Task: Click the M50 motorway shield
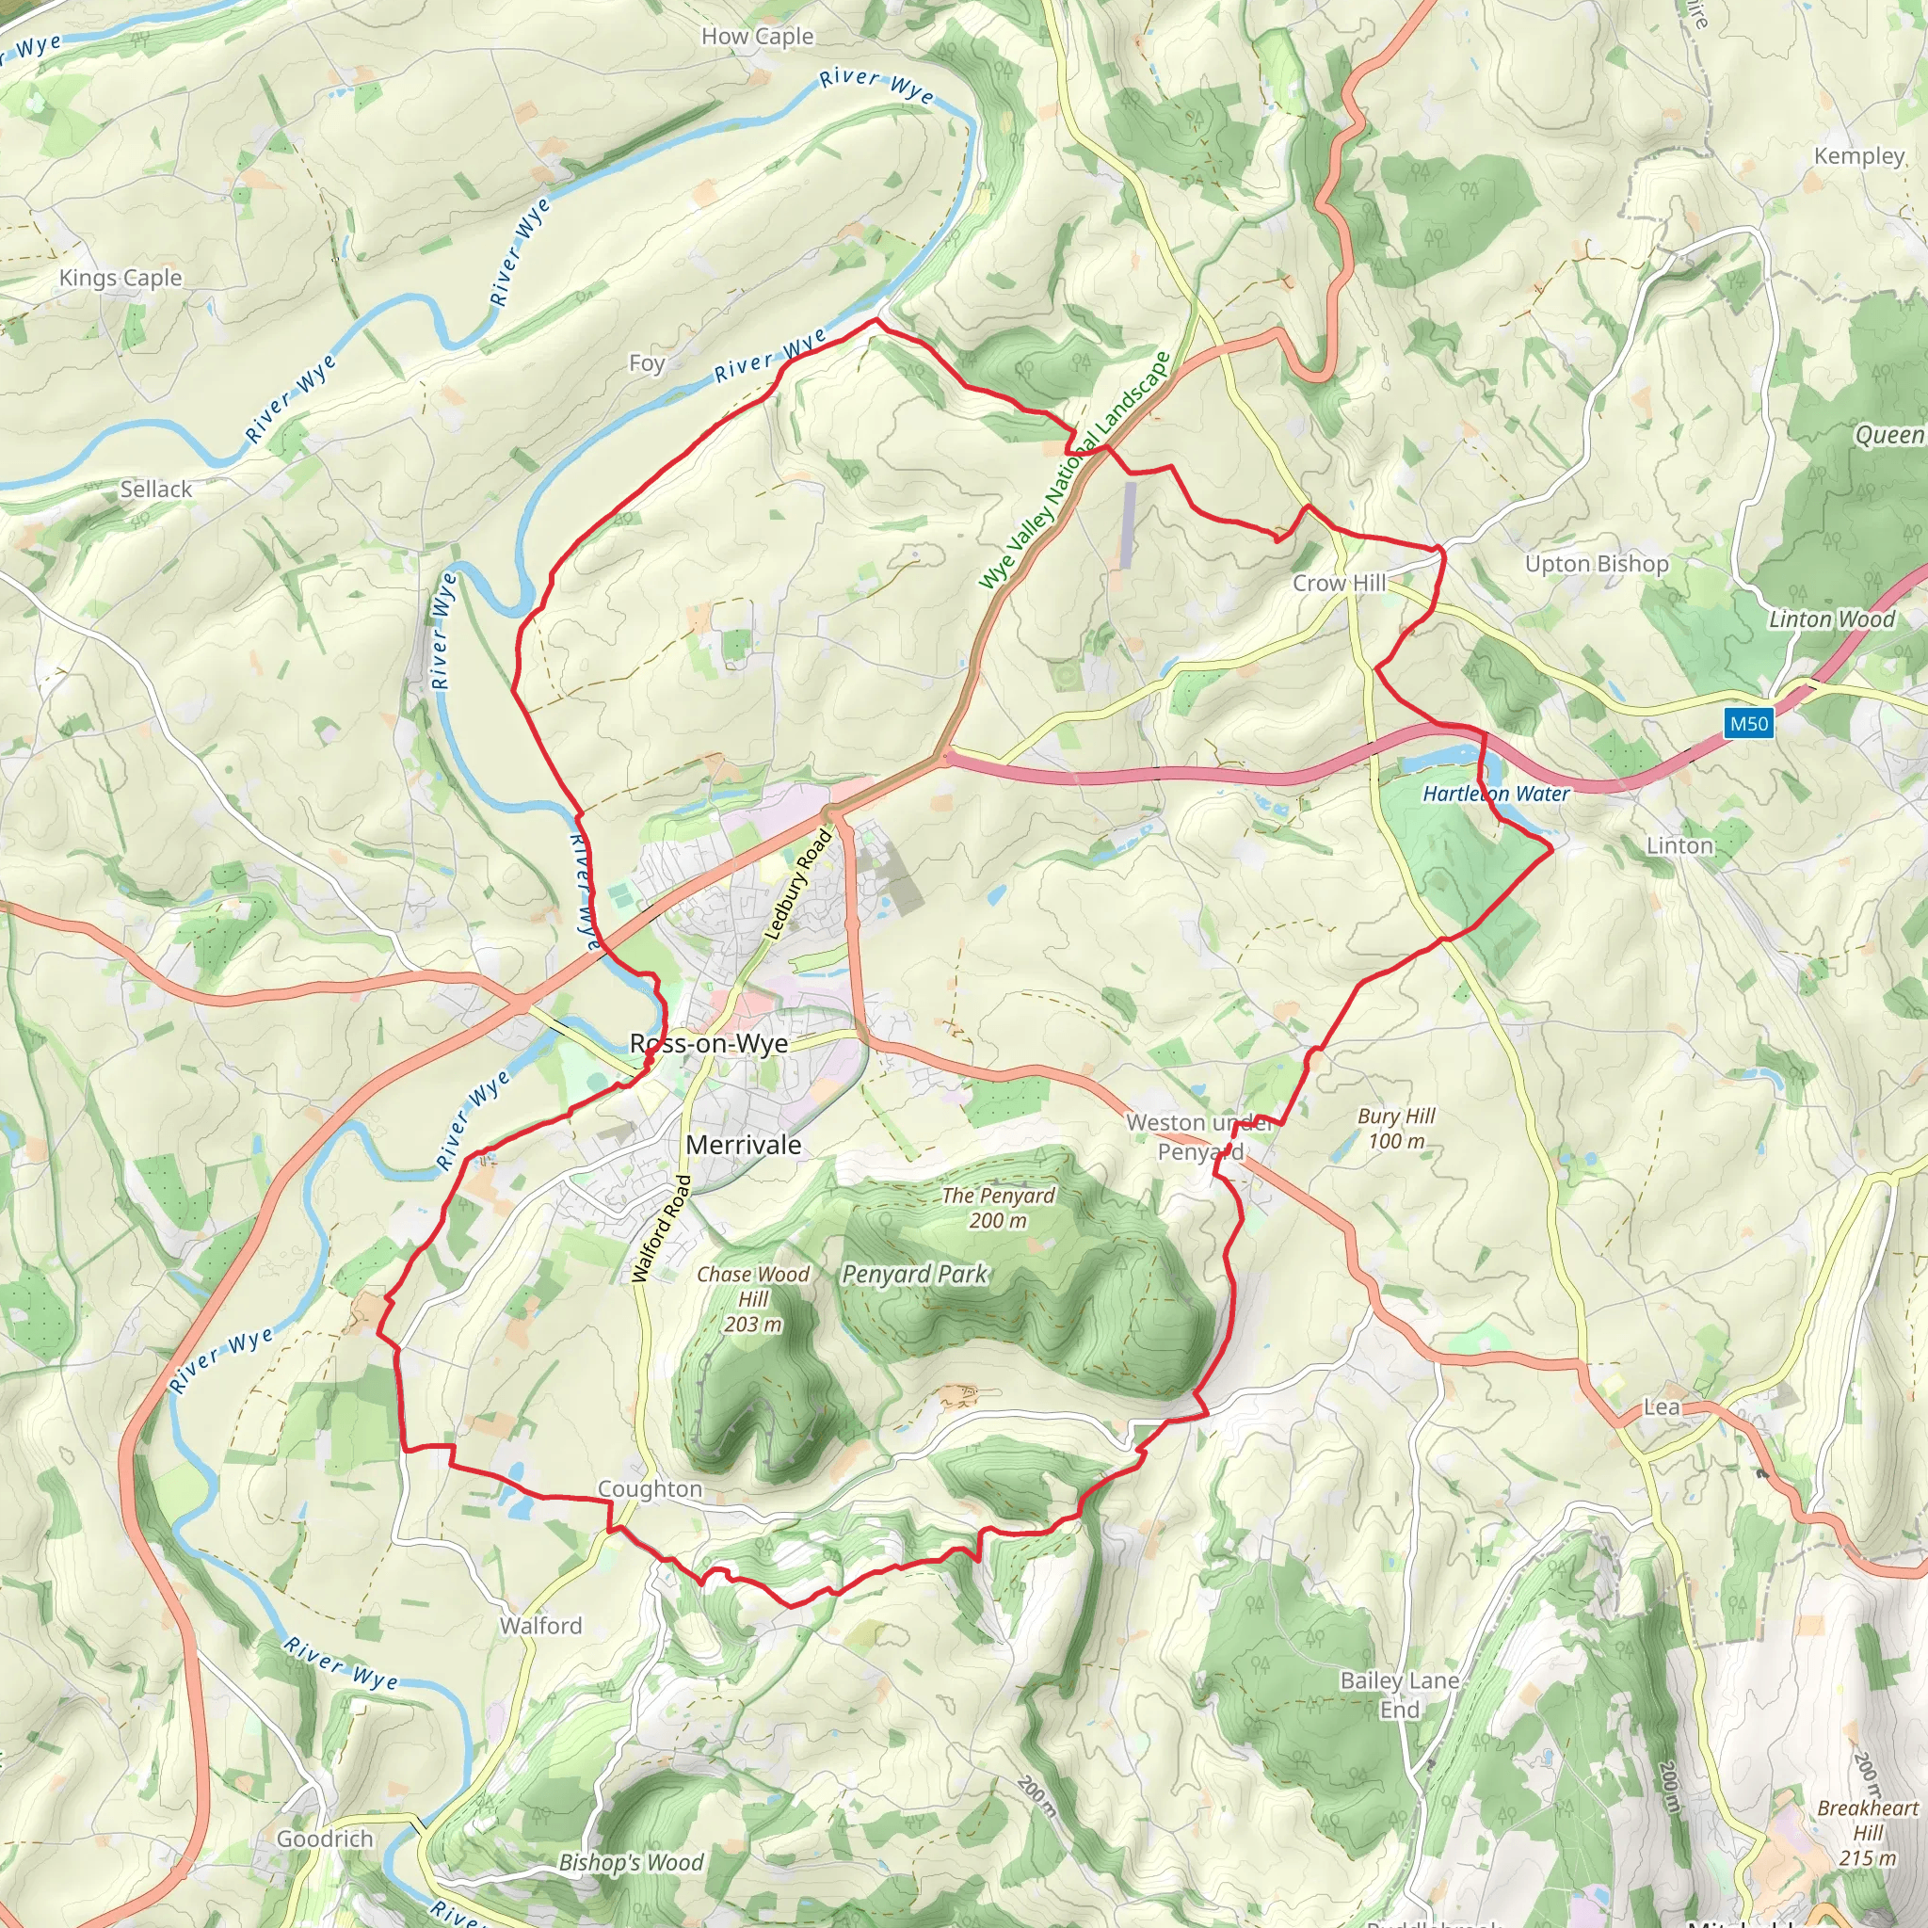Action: point(1748,724)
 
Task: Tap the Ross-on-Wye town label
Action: point(709,1044)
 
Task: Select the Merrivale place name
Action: point(744,1145)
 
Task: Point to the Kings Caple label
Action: point(120,279)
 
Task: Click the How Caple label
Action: point(758,37)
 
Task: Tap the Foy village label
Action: point(647,363)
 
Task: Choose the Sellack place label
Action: point(155,489)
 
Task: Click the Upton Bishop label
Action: point(1597,564)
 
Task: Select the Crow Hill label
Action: point(1340,583)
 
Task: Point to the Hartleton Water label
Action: point(1496,794)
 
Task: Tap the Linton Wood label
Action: point(1831,619)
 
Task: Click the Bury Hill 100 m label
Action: point(1396,1129)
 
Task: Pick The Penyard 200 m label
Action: point(998,1208)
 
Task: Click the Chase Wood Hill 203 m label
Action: point(753,1298)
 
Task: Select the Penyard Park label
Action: point(914,1275)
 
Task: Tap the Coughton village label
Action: point(650,1489)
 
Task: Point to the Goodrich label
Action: point(326,1839)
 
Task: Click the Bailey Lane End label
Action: point(1399,1695)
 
